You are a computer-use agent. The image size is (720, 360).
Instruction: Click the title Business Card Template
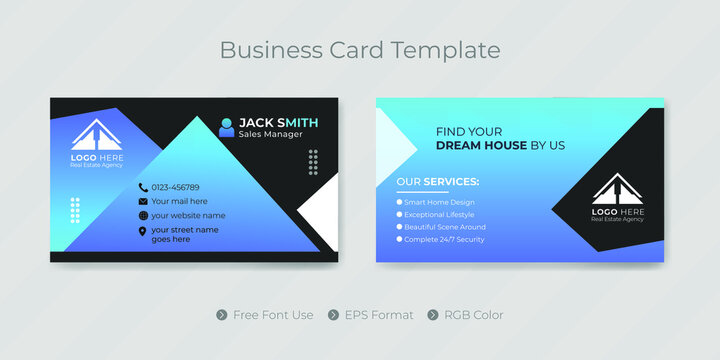(x=359, y=49)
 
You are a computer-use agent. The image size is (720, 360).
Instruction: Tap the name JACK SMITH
(x=279, y=122)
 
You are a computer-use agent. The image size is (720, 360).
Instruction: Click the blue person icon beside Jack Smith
(x=226, y=127)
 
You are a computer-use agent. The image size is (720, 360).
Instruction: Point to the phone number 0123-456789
(x=175, y=187)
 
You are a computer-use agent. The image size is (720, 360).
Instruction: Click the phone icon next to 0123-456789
(x=143, y=187)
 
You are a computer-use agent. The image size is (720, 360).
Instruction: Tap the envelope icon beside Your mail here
(x=143, y=201)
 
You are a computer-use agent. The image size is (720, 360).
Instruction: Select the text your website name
(x=188, y=215)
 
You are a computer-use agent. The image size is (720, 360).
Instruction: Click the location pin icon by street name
(x=143, y=233)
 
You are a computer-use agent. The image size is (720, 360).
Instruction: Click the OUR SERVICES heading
(x=437, y=181)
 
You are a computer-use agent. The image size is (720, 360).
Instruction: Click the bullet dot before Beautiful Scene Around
(x=399, y=227)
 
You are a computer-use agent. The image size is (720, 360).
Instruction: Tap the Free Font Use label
(x=273, y=315)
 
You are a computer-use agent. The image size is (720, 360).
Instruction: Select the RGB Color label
(x=474, y=315)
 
